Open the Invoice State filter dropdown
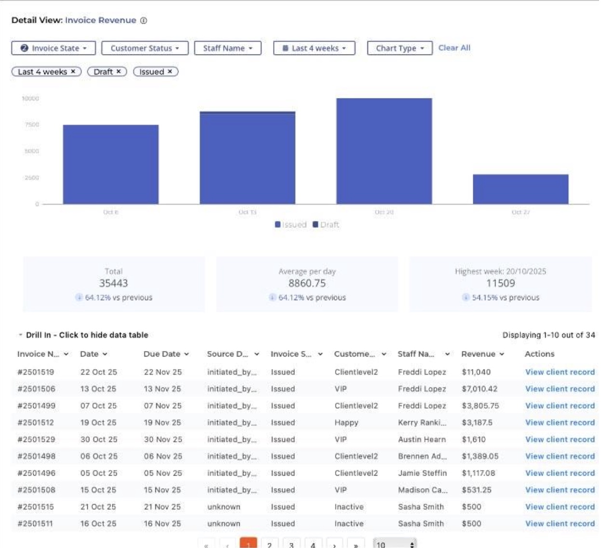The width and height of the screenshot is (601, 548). point(54,48)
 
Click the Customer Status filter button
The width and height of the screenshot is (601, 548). point(145,48)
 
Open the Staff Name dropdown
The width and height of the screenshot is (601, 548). point(228,48)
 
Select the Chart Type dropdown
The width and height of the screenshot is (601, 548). point(399,48)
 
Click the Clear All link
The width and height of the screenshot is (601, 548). point(454,48)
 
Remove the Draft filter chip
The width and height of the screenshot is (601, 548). point(119,71)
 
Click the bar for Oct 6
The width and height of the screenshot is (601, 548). point(110,164)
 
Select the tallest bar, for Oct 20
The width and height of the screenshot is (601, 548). point(384,151)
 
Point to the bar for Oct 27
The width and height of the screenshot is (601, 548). point(520,189)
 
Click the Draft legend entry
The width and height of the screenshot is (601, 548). point(326,225)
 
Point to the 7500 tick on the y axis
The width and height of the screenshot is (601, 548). point(32,125)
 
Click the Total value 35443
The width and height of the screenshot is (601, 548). point(114,283)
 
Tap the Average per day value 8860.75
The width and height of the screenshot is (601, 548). point(307,283)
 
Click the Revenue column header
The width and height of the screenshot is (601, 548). point(478,354)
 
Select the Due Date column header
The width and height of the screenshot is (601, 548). point(162,354)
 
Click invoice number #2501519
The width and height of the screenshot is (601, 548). point(36,372)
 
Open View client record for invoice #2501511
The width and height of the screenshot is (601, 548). point(560,523)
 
